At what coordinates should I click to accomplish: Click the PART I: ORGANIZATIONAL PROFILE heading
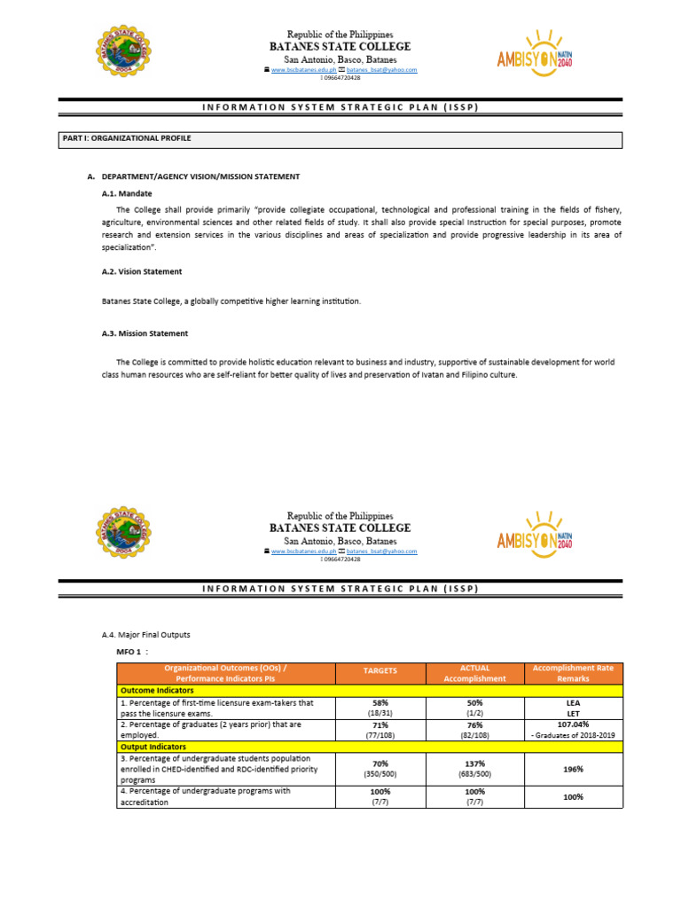point(126,139)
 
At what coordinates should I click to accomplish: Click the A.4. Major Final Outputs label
point(146,635)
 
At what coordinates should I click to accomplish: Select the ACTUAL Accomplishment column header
point(474,673)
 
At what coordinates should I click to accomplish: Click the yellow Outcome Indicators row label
point(157,691)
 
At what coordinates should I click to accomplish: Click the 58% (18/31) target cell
point(380,707)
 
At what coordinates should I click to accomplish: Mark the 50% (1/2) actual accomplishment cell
point(474,707)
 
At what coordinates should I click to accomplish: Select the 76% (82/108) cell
point(474,729)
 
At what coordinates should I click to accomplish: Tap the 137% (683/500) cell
point(474,769)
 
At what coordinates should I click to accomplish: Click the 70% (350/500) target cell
point(380,769)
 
